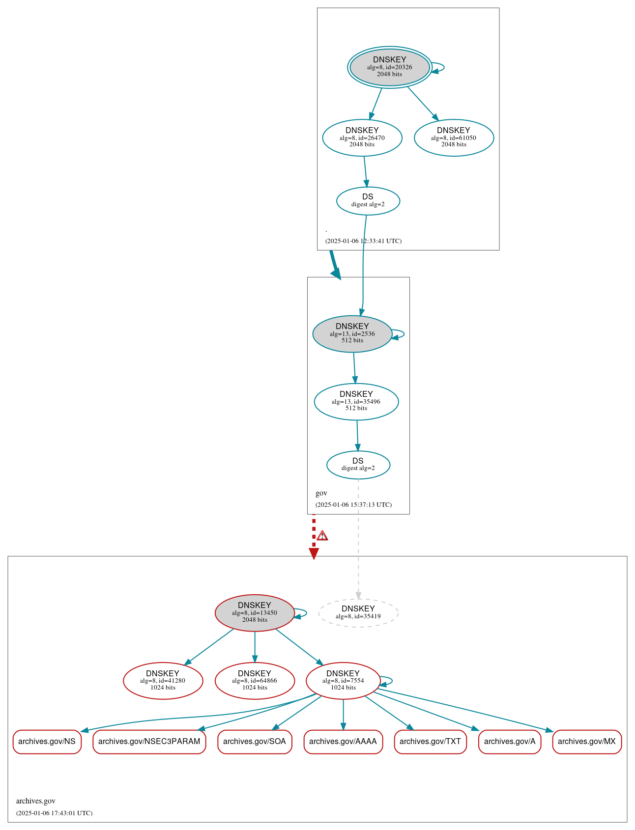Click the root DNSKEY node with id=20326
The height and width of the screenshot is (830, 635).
click(389, 67)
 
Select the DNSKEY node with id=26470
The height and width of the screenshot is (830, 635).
click(362, 138)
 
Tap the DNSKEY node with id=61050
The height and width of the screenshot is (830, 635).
click(454, 138)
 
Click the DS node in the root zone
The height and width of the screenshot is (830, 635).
click(368, 200)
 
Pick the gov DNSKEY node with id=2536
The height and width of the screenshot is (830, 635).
click(352, 333)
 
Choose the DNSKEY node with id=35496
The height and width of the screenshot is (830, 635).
click(356, 401)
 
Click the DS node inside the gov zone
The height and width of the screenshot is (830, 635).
click(358, 465)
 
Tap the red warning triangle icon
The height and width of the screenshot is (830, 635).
click(322, 535)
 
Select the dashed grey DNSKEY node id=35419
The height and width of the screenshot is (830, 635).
click(358, 612)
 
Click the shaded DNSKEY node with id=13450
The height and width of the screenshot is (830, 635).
click(255, 612)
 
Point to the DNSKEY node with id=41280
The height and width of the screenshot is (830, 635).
click(163, 681)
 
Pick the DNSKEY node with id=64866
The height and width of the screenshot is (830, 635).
click(255, 681)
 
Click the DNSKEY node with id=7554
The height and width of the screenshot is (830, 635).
click(343, 681)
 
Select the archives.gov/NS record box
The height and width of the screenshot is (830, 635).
click(47, 741)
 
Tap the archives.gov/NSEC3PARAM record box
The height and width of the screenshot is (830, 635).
click(149, 741)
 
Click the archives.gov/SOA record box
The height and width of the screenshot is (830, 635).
click(255, 741)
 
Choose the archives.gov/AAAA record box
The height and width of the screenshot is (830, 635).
click(343, 741)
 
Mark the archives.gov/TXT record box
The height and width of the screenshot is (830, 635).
click(430, 741)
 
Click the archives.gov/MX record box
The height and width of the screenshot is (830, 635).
click(587, 741)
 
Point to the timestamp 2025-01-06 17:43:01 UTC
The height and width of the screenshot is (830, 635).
click(55, 813)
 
